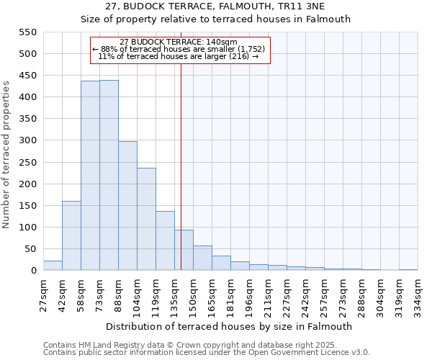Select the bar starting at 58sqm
point(90,176)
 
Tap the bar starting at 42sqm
point(71,235)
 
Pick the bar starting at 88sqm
point(127,206)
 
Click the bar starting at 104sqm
point(146,219)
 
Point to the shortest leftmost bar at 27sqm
point(53,266)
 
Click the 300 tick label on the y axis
point(27,141)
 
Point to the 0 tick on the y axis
point(33,271)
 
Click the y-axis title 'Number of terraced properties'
point(7,155)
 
